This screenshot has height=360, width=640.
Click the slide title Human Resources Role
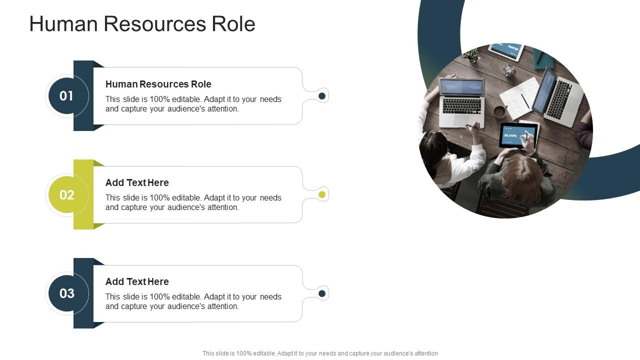pyautogui.click(x=142, y=24)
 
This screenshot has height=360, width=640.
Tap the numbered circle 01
pyautogui.click(x=66, y=96)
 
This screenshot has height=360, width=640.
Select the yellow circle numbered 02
pyautogui.click(x=66, y=194)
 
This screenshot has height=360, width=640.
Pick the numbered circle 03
pyautogui.click(x=66, y=293)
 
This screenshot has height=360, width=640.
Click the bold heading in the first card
pyautogui.click(x=158, y=84)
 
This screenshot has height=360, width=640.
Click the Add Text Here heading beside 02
pyautogui.click(x=137, y=182)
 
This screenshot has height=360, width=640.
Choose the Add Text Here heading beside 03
pyautogui.click(x=137, y=281)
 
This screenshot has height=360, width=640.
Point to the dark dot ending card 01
pyautogui.click(x=322, y=96)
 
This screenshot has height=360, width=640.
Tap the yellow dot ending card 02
pyautogui.click(x=322, y=194)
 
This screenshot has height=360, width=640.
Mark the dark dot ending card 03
pyautogui.click(x=322, y=293)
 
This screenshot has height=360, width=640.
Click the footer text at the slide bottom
pyautogui.click(x=320, y=353)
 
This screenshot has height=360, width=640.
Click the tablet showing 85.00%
pyautogui.click(x=518, y=135)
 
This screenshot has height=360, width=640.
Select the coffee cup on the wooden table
pyautogui.click(x=499, y=111)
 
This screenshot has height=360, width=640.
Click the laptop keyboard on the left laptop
pyautogui.click(x=462, y=105)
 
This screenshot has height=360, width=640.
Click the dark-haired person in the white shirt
pyautogui.click(x=440, y=155)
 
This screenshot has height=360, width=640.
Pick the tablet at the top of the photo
pyautogui.click(x=506, y=50)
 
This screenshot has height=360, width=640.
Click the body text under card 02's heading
pyautogui.click(x=193, y=202)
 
